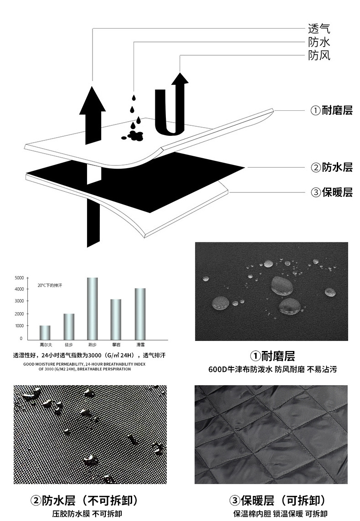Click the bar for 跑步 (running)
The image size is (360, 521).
coord(92,308)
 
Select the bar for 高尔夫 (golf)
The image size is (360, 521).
coord(45,332)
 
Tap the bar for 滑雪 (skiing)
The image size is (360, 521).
coord(140,313)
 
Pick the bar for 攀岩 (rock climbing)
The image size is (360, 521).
coord(116,319)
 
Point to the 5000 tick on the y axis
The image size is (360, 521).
coord(19,278)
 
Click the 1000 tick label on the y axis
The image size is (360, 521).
coord(19,326)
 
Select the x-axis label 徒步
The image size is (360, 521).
coord(68,345)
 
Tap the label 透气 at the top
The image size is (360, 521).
coord(319,29)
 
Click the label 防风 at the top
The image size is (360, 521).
coord(319,56)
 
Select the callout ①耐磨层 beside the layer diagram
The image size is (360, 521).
coord(331,110)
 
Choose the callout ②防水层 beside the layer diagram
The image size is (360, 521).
coord(331,167)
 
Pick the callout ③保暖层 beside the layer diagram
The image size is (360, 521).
coord(331,192)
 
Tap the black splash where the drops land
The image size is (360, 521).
coord(133,135)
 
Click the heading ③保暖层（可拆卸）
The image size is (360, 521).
coord(278,500)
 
